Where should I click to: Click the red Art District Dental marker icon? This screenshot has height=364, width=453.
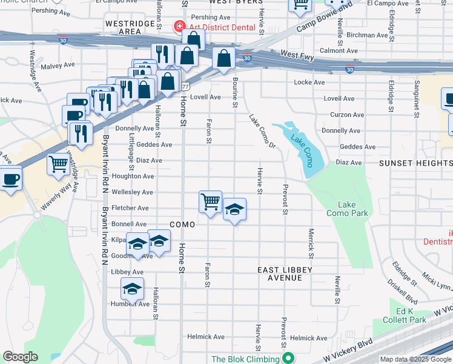click(x=179, y=26)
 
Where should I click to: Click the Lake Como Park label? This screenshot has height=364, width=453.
click(x=347, y=209)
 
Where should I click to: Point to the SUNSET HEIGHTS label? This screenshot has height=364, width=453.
click(x=415, y=163)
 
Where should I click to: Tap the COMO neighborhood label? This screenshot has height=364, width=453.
click(x=182, y=224)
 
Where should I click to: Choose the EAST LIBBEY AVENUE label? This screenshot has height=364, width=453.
click(x=285, y=274)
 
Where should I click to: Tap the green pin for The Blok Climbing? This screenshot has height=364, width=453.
click(x=288, y=359)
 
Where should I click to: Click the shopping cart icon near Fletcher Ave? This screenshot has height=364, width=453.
click(x=210, y=201)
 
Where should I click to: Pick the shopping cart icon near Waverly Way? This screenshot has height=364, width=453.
click(x=59, y=164)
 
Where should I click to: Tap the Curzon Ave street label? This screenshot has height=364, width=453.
click(x=347, y=115)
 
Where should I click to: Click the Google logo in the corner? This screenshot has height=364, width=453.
click(x=20, y=357)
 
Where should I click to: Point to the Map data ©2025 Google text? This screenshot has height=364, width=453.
click(x=415, y=359)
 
